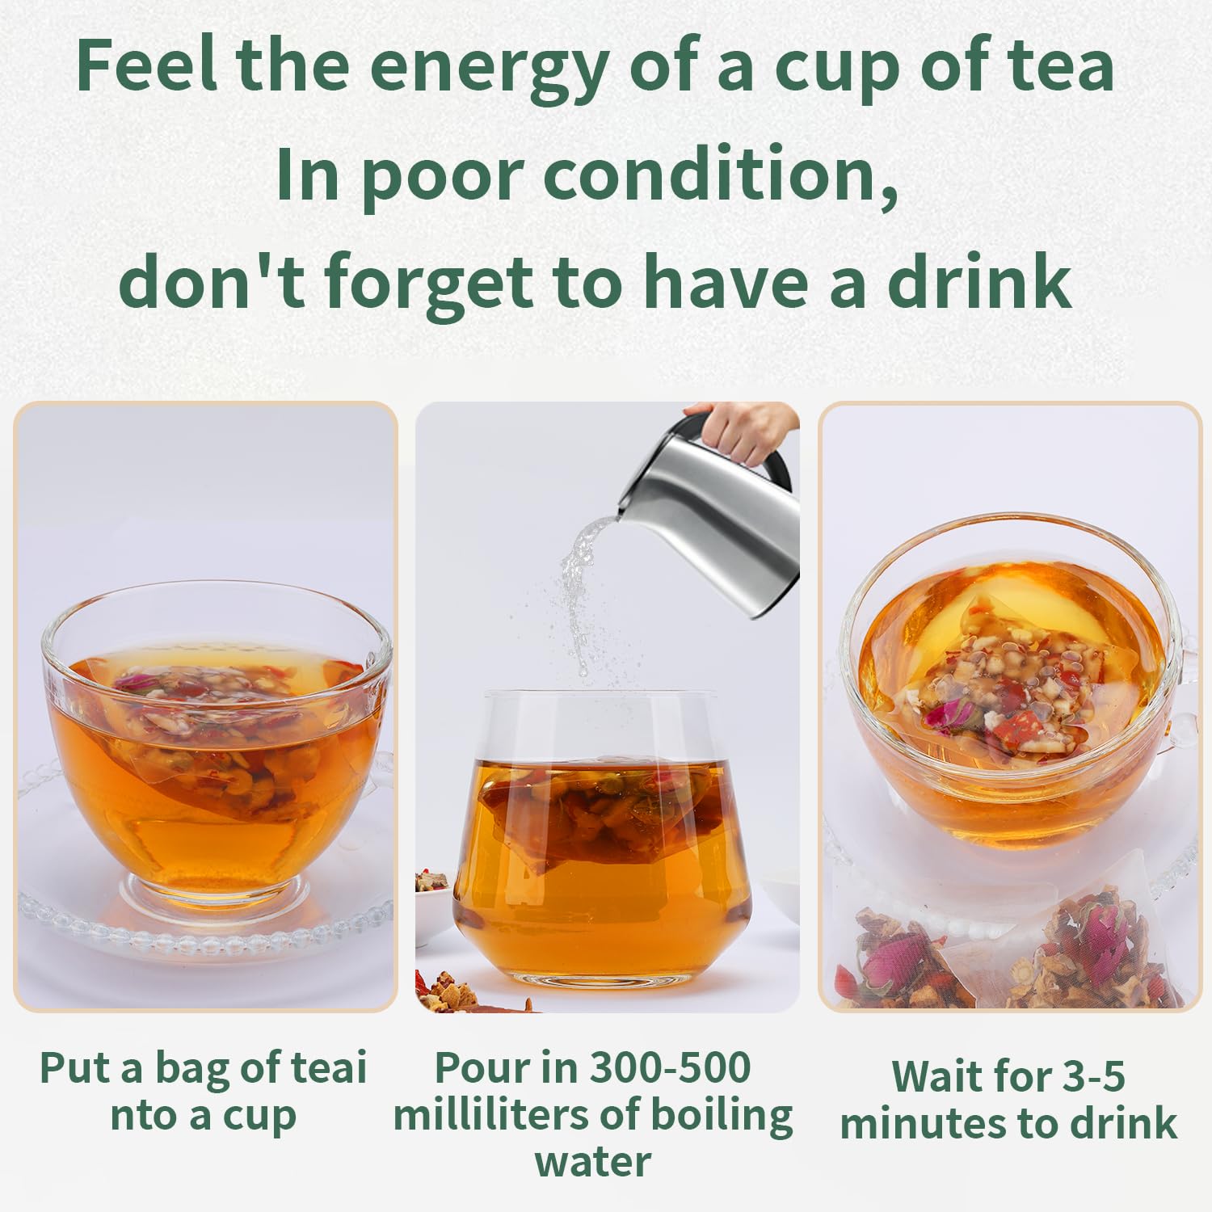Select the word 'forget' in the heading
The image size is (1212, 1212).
coord(432,283)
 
